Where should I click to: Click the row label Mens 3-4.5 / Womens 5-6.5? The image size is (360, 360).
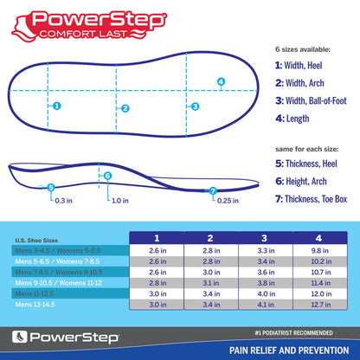click(x=52, y=249)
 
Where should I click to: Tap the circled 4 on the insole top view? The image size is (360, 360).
click(x=221, y=83)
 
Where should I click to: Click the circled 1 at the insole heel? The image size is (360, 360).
click(x=56, y=106)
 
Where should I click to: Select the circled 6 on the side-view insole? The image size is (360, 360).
click(x=107, y=176)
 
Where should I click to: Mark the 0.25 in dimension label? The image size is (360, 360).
click(x=228, y=201)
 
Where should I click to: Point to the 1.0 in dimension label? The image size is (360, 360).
click(x=120, y=201)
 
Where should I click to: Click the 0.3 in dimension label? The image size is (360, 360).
click(x=63, y=201)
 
